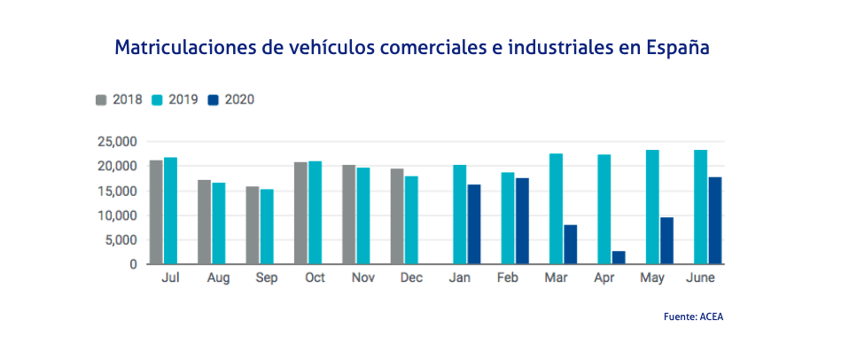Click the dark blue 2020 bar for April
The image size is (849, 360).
619,257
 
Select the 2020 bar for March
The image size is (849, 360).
571,245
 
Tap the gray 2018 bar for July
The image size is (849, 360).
156,212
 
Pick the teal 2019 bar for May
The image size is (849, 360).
652,207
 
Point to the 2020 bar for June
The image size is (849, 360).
714,220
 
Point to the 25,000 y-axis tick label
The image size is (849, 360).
115,142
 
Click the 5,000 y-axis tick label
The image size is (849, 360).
119,239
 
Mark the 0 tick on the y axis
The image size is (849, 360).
132,264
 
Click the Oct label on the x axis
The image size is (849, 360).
315,278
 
